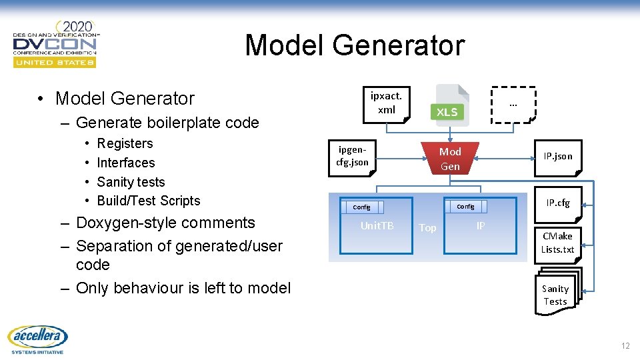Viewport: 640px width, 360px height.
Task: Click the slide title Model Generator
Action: pos(354,45)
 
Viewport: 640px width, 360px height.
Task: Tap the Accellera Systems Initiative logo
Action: pos(38,340)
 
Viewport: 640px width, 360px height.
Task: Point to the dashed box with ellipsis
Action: pos(513,105)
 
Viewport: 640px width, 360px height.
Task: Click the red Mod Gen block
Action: pos(450,159)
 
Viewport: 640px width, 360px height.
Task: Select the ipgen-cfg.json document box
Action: pos(352,157)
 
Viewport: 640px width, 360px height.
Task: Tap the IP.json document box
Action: pos(557,157)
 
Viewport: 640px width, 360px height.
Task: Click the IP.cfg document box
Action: pos(557,203)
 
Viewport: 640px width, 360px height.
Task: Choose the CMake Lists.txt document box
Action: pos(557,243)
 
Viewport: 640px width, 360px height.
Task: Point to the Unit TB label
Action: pos(377,226)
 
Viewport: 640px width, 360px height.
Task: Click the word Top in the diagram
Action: pos(427,228)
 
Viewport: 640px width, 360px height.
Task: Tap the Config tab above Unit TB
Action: pos(361,207)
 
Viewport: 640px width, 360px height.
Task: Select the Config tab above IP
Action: pos(465,207)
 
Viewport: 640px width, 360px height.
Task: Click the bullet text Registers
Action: pos(125,143)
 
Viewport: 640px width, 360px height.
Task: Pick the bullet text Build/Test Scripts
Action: pos(148,201)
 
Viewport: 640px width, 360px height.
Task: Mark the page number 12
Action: pos(625,345)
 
